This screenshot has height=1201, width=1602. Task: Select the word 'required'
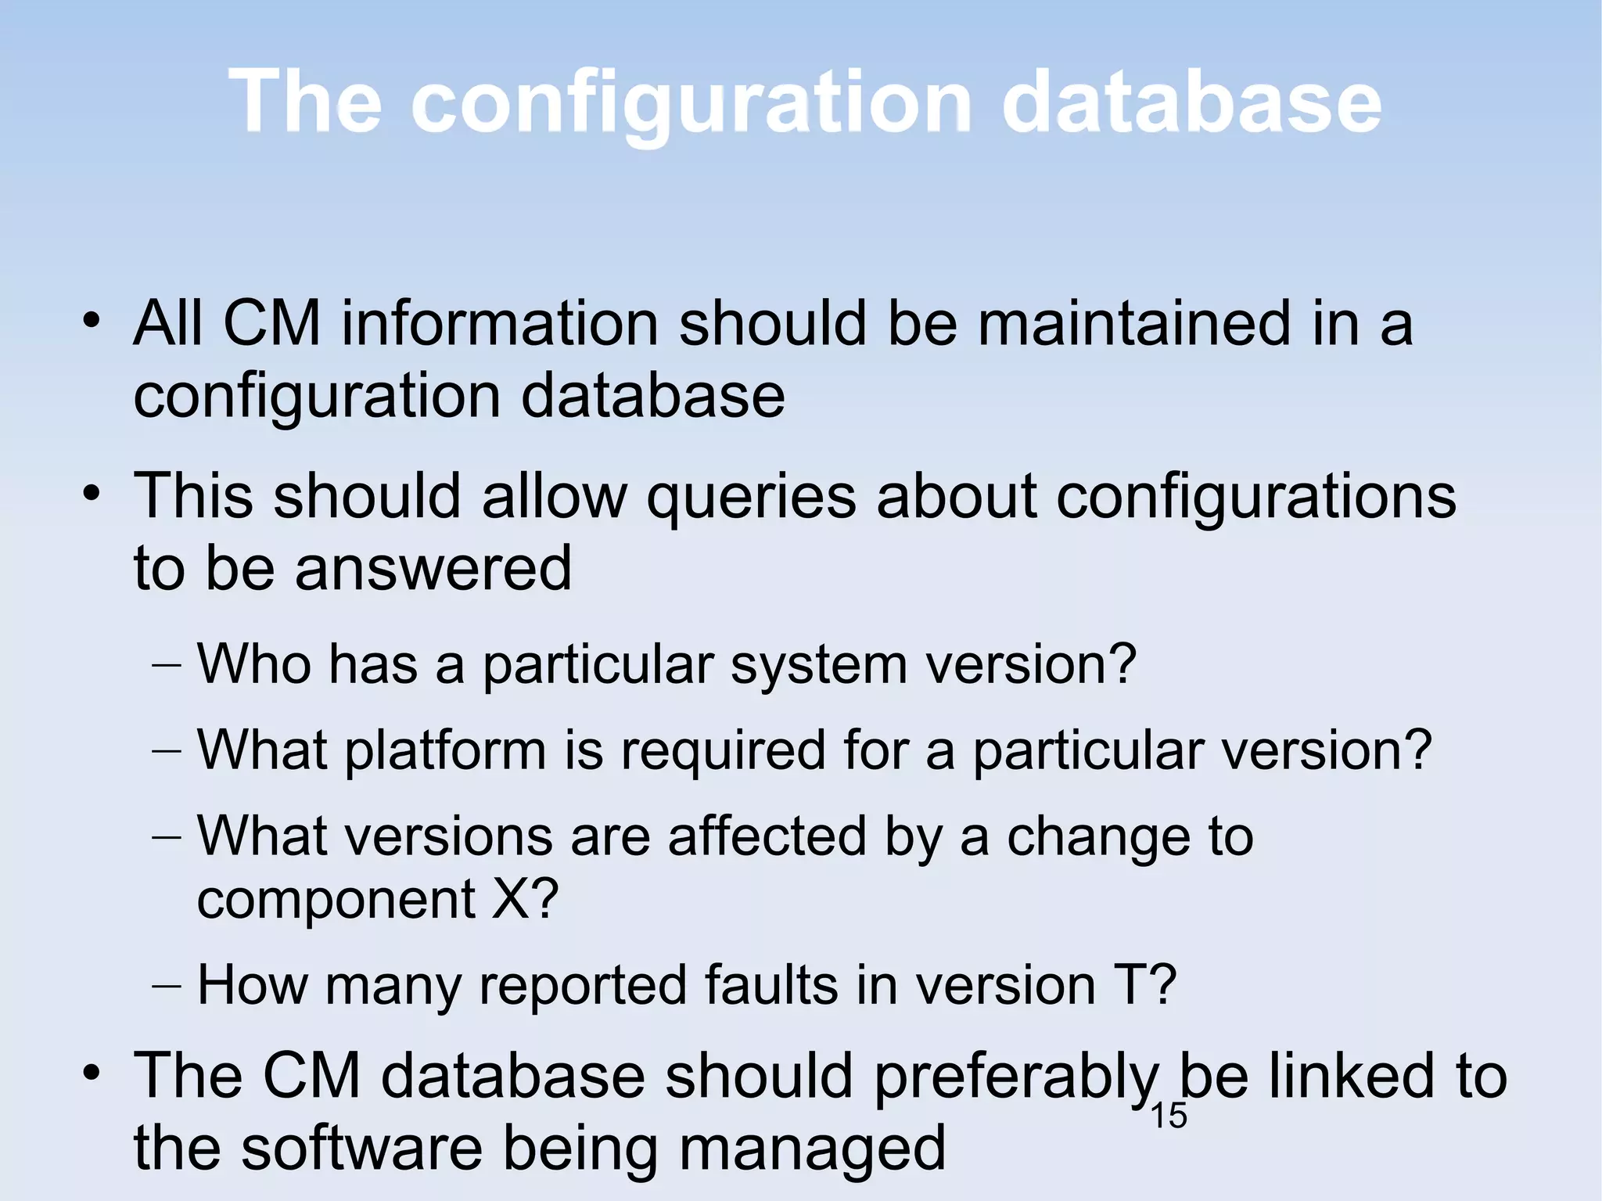(x=723, y=751)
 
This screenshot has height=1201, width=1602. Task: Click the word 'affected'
(x=767, y=836)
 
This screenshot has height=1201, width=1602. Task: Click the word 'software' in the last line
(x=361, y=1148)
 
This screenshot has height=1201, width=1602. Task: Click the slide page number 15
(x=1169, y=1116)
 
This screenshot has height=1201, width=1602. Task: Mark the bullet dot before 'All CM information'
(x=92, y=321)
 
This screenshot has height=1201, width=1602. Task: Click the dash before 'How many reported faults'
(x=166, y=985)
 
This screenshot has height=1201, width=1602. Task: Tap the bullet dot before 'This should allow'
(x=92, y=494)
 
